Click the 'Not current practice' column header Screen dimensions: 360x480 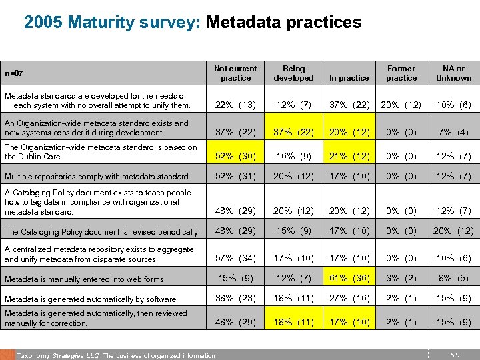pyautogui.click(x=235, y=73)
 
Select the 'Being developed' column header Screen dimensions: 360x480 pyautogui.click(x=293, y=73)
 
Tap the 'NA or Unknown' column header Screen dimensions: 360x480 pyautogui.click(x=453, y=73)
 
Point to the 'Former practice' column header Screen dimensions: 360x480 pyautogui.click(x=401, y=73)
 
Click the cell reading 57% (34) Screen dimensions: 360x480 pyautogui.click(x=235, y=258)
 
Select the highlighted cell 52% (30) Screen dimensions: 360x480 pyautogui.click(x=235, y=156)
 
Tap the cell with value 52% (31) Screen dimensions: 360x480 pyautogui.click(x=235, y=177)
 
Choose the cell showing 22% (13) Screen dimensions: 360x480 pyautogui.click(x=235, y=105)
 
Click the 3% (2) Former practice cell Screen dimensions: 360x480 pyautogui.click(x=401, y=280)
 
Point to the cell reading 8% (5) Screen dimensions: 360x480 pyautogui.click(x=453, y=280)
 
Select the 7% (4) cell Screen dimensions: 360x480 pyautogui.click(x=453, y=133)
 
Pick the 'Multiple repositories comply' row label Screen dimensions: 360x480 pyautogui.click(x=97, y=177)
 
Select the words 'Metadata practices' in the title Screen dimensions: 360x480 pyautogui.click(x=284, y=23)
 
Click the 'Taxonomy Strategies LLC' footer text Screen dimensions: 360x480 pyautogui.click(x=59, y=355)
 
